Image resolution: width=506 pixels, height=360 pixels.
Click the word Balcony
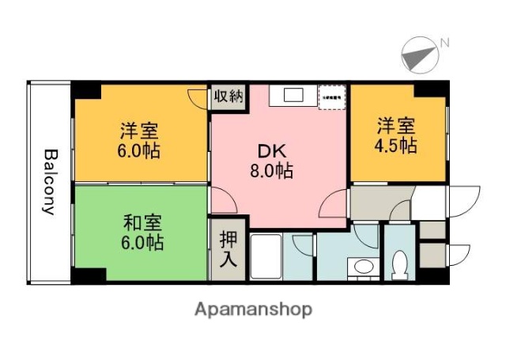[49, 182]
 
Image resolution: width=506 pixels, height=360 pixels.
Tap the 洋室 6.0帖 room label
[141, 139]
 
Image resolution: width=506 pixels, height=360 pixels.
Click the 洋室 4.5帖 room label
[395, 135]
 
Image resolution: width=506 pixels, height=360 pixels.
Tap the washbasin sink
[364, 267]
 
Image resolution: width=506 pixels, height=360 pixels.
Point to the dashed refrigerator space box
[330, 96]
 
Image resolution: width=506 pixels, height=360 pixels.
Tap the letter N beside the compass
[444, 42]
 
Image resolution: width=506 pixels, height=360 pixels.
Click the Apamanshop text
[254, 309]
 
